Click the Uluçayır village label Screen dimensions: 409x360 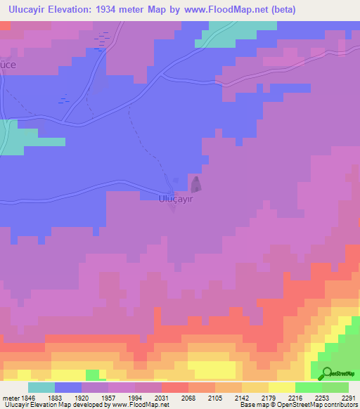[x=175, y=199]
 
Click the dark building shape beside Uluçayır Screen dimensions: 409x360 [x=195, y=185]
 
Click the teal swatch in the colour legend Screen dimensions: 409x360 [x=41, y=387]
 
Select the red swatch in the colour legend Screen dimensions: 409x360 [x=175, y=387]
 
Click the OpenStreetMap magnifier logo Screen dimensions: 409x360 [x=327, y=373]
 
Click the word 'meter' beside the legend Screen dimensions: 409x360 [x=10, y=398]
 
